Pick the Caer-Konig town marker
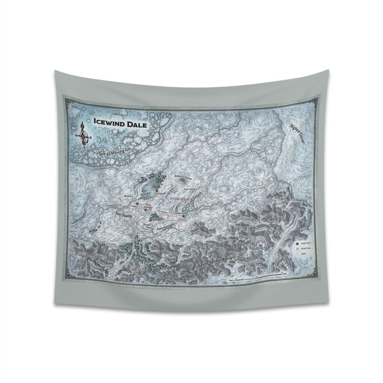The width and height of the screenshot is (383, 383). click(192, 191)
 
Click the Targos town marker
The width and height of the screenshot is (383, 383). click(137, 205)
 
